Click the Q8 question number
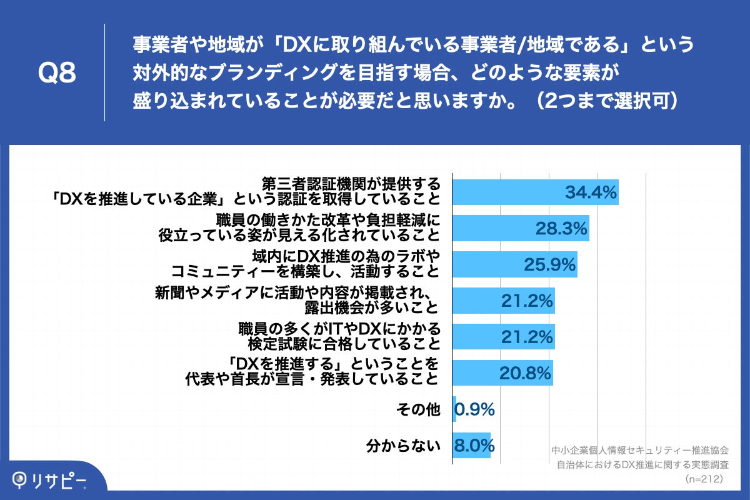coord(57,73)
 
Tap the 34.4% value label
coord(591,192)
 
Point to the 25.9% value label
coord(549,265)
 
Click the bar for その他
coord(454,409)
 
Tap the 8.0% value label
coord(475,446)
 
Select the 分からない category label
coord(403,446)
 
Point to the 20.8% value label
coord(525,373)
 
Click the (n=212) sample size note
coord(704,479)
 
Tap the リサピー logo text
coord(59,479)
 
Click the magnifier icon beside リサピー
coord(22,479)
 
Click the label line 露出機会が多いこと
coord(371,307)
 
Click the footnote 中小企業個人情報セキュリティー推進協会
coord(640,449)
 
